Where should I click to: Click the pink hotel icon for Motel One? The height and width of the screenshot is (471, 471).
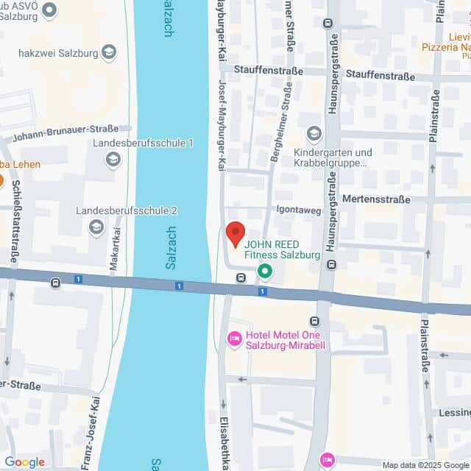click(234, 338)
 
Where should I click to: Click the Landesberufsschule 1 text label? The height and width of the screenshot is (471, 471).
click(144, 143)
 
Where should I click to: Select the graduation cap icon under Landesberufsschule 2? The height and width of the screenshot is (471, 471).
click(96, 227)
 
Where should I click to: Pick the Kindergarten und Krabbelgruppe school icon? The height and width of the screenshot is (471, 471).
click(314, 133)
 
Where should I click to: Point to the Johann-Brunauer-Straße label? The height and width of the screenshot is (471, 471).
click(62, 129)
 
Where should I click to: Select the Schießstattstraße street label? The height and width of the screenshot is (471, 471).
click(15, 221)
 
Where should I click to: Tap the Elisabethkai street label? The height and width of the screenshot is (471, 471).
click(222, 434)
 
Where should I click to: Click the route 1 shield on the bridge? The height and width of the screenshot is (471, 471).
click(180, 286)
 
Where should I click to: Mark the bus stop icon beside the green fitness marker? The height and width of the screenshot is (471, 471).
click(241, 277)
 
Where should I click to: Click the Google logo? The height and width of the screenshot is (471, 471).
click(24, 461)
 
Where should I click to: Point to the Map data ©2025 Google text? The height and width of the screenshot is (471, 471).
click(425, 465)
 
